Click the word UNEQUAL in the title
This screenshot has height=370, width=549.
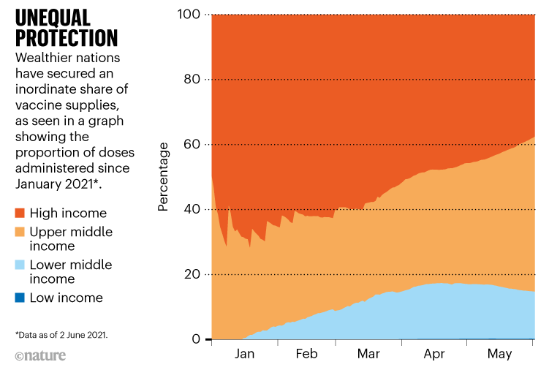pyautogui.click(x=53, y=17)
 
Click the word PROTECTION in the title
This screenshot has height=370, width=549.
pyautogui.click(x=67, y=38)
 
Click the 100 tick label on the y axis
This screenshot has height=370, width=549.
pyautogui.click(x=190, y=15)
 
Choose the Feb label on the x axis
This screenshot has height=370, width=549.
pyautogui.click(x=306, y=353)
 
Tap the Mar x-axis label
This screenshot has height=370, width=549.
pyautogui.click(x=369, y=353)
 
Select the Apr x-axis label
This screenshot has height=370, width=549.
pyautogui.click(x=433, y=353)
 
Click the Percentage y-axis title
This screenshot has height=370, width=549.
pyautogui.click(x=164, y=177)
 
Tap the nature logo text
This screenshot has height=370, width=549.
pyautogui.click(x=40, y=356)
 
